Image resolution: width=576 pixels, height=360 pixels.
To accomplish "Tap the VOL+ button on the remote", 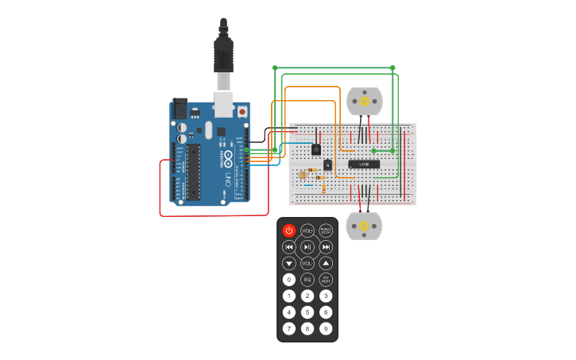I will tap(307, 230).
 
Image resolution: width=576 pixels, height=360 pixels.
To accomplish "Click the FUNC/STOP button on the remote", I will tap(326, 230).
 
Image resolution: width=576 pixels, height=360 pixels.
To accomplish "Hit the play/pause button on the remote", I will tap(307, 247).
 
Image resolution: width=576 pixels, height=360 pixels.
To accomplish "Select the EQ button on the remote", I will tap(307, 280).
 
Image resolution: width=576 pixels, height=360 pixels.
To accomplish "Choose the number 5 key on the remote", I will tap(307, 312).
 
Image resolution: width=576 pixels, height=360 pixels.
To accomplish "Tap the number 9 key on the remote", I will tap(326, 328).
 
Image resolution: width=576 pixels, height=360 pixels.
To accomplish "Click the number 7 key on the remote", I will tap(289, 328).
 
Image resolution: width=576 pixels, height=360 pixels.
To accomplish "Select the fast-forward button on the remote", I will tap(326, 247).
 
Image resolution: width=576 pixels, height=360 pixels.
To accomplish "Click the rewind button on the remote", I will tap(289, 247).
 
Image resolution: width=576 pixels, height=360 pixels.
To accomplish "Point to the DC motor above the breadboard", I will tap(365, 101).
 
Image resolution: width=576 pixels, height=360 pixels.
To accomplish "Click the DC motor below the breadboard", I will tap(365, 226).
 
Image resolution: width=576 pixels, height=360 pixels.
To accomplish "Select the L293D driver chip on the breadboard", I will tap(364, 165).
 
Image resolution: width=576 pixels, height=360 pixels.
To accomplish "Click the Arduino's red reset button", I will tap(242, 112).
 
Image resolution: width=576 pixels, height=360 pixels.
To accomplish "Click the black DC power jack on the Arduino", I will tap(180, 108).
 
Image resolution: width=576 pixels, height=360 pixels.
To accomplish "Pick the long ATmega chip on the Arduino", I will tap(193, 172).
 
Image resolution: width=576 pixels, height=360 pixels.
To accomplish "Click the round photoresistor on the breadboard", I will tap(302, 175).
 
